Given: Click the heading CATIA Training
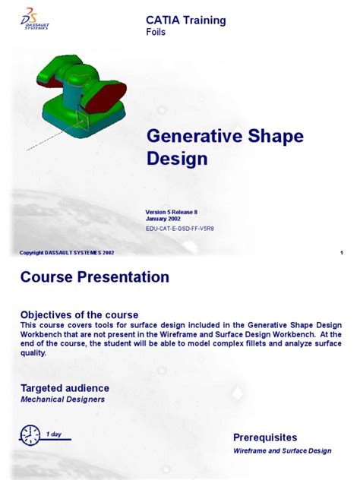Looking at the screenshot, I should point(185,21).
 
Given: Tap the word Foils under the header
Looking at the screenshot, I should point(156,33).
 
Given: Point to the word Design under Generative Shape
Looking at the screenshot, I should point(176,159).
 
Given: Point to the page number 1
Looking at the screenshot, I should point(343,252).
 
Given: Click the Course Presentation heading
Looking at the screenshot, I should point(94,278).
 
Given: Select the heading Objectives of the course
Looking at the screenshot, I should point(79,314).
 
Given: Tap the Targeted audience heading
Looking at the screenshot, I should point(65,388).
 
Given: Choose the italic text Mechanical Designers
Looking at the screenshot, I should point(62,399).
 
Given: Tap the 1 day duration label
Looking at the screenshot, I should point(54,434).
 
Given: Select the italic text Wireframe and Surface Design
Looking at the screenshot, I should point(282,451).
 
